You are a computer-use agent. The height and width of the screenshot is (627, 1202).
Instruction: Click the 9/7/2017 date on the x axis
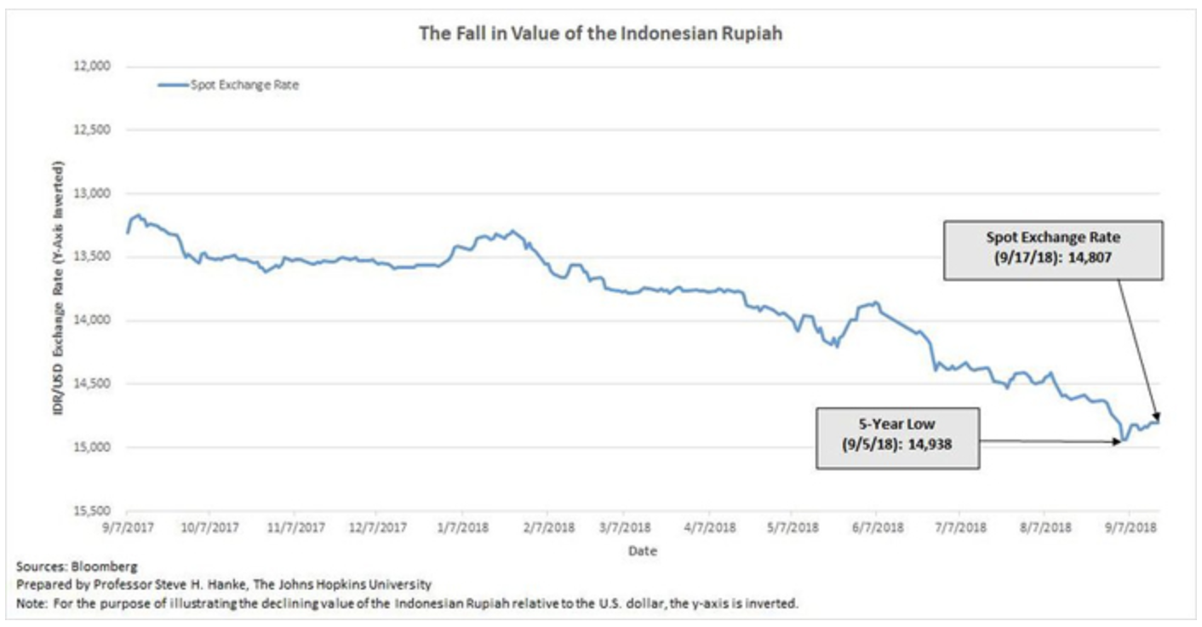[126, 528]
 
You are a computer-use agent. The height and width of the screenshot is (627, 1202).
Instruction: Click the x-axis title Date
[643, 551]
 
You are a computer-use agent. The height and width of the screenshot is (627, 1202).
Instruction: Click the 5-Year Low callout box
[897, 438]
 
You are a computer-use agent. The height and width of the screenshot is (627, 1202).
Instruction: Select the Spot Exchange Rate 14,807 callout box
[1053, 250]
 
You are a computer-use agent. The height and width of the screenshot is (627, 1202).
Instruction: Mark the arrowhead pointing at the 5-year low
[1116, 441]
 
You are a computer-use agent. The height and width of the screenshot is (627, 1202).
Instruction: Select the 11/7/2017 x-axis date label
[293, 528]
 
